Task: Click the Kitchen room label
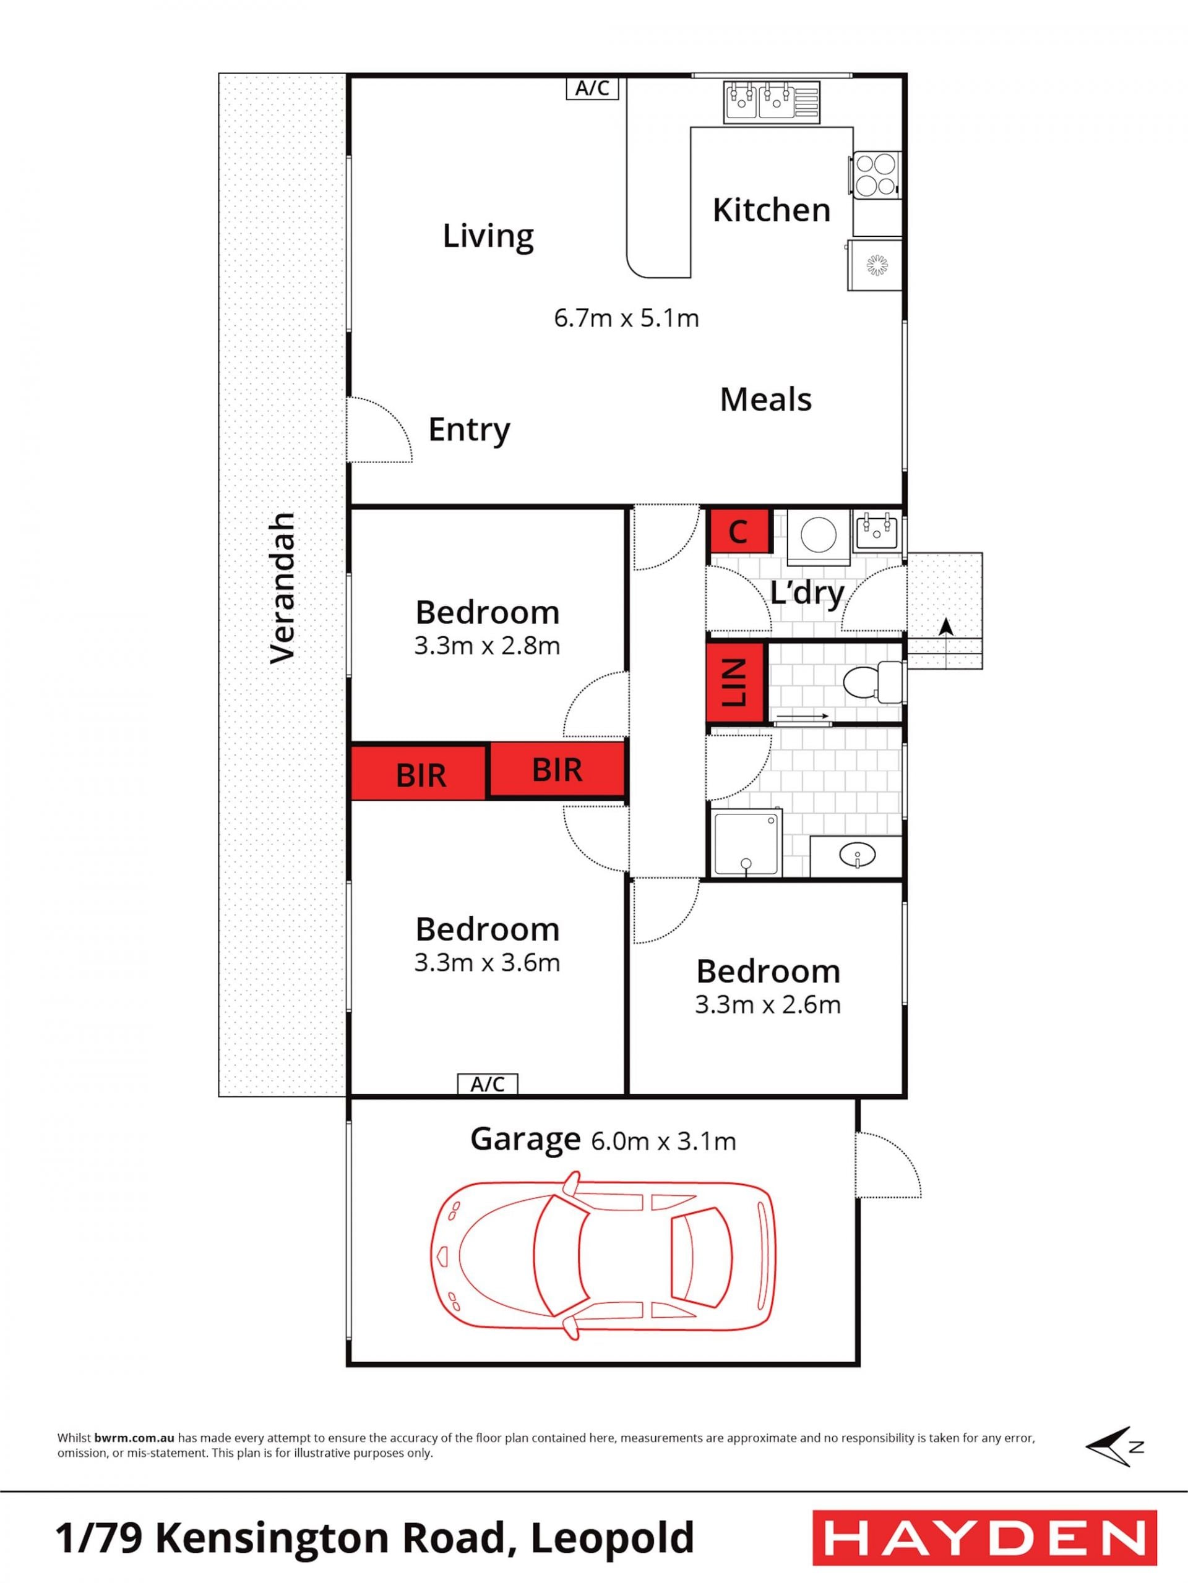tap(771, 210)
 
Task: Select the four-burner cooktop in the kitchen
tap(875, 174)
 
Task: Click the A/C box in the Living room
tap(592, 88)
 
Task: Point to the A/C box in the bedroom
tap(487, 1084)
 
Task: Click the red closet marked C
tap(738, 531)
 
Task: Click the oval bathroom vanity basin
tap(856, 855)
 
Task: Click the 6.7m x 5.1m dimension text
tap(627, 318)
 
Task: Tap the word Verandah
tap(282, 588)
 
